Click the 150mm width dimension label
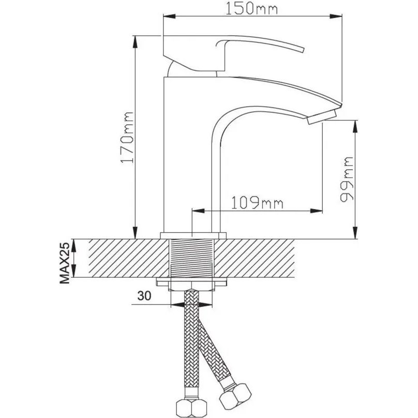[x=251, y=8]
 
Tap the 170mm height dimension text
[x=127, y=137]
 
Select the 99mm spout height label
[x=347, y=180]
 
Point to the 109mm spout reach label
[x=257, y=203]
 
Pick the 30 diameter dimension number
[x=144, y=295]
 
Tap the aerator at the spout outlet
[x=321, y=117]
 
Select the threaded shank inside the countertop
[x=192, y=258]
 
